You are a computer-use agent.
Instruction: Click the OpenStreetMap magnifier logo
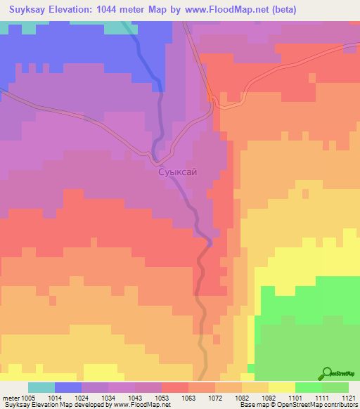pos(327,372)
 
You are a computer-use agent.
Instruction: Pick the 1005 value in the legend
pos(29,397)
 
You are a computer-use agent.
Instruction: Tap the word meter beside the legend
pos(9,397)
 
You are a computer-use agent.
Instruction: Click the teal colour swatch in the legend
pos(41,387)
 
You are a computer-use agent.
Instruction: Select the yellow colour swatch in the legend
pos(281,387)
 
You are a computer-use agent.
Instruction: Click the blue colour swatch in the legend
pos(68,387)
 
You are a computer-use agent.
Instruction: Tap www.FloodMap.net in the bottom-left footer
pos(143,405)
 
